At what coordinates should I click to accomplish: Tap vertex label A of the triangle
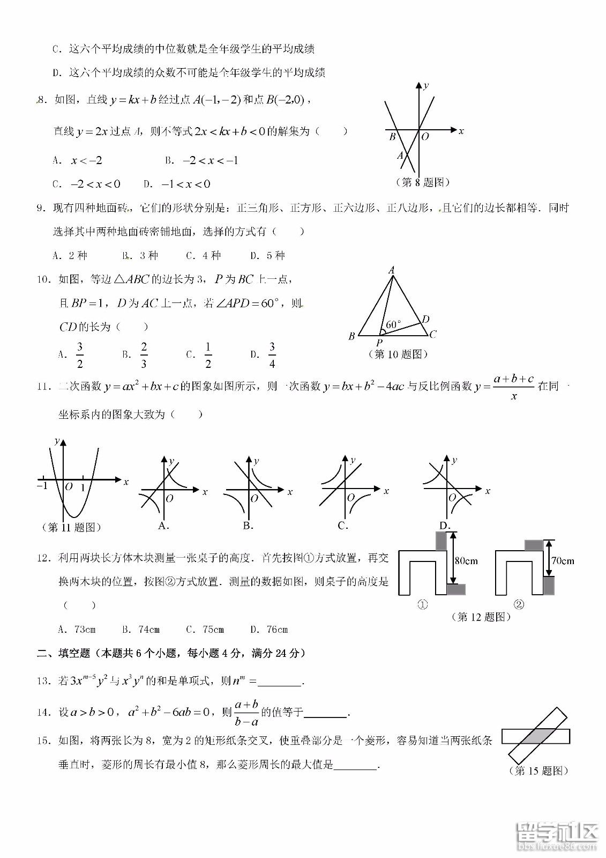click(392, 270)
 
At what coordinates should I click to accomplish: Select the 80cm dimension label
click(466, 561)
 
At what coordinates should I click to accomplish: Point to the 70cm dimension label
click(563, 561)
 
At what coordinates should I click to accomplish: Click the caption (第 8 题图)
click(423, 182)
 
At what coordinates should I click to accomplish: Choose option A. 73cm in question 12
click(77, 629)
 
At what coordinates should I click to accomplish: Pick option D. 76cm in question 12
click(269, 629)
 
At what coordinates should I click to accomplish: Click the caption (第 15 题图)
click(537, 771)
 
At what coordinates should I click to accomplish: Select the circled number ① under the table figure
click(423, 605)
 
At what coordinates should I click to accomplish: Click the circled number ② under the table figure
click(519, 605)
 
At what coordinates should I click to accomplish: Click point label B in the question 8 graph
click(392, 137)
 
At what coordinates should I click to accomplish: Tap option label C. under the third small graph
click(343, 526)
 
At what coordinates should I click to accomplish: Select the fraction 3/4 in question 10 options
click(272, 355)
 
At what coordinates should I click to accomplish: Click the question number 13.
click(43, 681)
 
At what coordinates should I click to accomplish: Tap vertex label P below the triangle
click(379, 342)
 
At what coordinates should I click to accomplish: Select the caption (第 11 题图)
click(71, 527)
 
